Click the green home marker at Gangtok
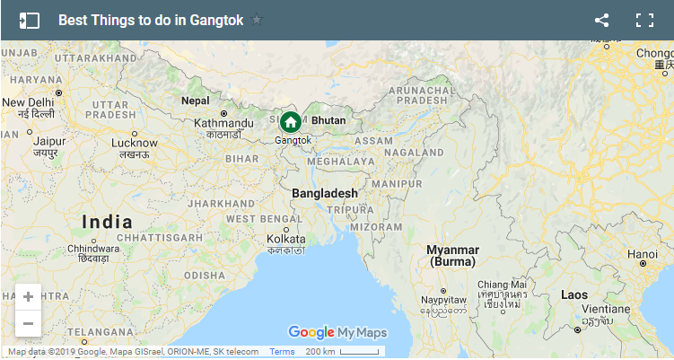[x=290, y=122]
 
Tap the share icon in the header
[x=601, y=20]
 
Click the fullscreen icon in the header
[x=643, y=20]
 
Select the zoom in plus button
[x=28, y=296]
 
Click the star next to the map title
[x=258, y=20]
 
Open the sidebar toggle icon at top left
[x=30, y=20]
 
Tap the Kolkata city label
[x=285, y=239]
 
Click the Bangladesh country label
[x=325, y=193]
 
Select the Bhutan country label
[x=328, y=120]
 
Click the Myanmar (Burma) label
[x=453, y=255]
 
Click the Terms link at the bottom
[x=282, y=351]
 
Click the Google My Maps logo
[x=337, y=332]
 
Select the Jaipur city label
[x=49, y=141]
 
